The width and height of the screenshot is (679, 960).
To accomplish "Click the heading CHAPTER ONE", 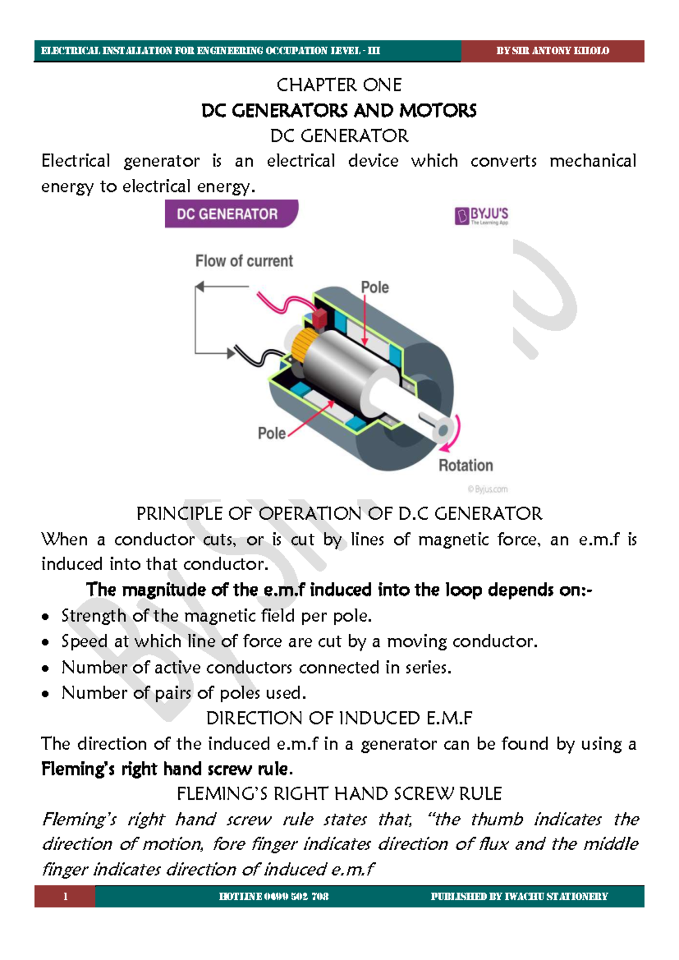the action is pos(339,85).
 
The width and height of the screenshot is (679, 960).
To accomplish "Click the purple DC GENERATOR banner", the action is pos(229,214).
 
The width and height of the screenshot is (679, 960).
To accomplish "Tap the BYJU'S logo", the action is pos(482,216).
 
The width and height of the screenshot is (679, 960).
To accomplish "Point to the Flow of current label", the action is pos(244,261).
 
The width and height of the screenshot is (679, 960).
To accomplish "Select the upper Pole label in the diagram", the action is pos(375,288).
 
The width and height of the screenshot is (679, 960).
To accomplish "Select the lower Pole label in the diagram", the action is pos(272,434).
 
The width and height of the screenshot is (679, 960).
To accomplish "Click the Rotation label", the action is pos(466,466).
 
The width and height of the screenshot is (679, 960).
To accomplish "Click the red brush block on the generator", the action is pos(320,318).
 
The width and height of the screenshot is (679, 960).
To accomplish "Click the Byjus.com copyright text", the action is pos(487,490).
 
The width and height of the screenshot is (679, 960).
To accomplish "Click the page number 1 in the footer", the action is pos(65,897).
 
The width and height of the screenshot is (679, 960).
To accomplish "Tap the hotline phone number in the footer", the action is pos(274,897).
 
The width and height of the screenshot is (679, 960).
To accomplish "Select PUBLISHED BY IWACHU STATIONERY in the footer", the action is pos(519,897).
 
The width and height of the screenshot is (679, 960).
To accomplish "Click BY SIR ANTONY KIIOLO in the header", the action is pos(552,51).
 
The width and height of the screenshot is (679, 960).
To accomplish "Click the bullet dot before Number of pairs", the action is pos(46,694).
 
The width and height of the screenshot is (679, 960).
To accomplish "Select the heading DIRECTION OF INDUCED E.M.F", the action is pos(339,718).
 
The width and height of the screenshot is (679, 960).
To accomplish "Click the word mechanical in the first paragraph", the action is pos(592,161).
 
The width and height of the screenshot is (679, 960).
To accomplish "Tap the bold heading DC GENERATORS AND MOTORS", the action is pos(339,110).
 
